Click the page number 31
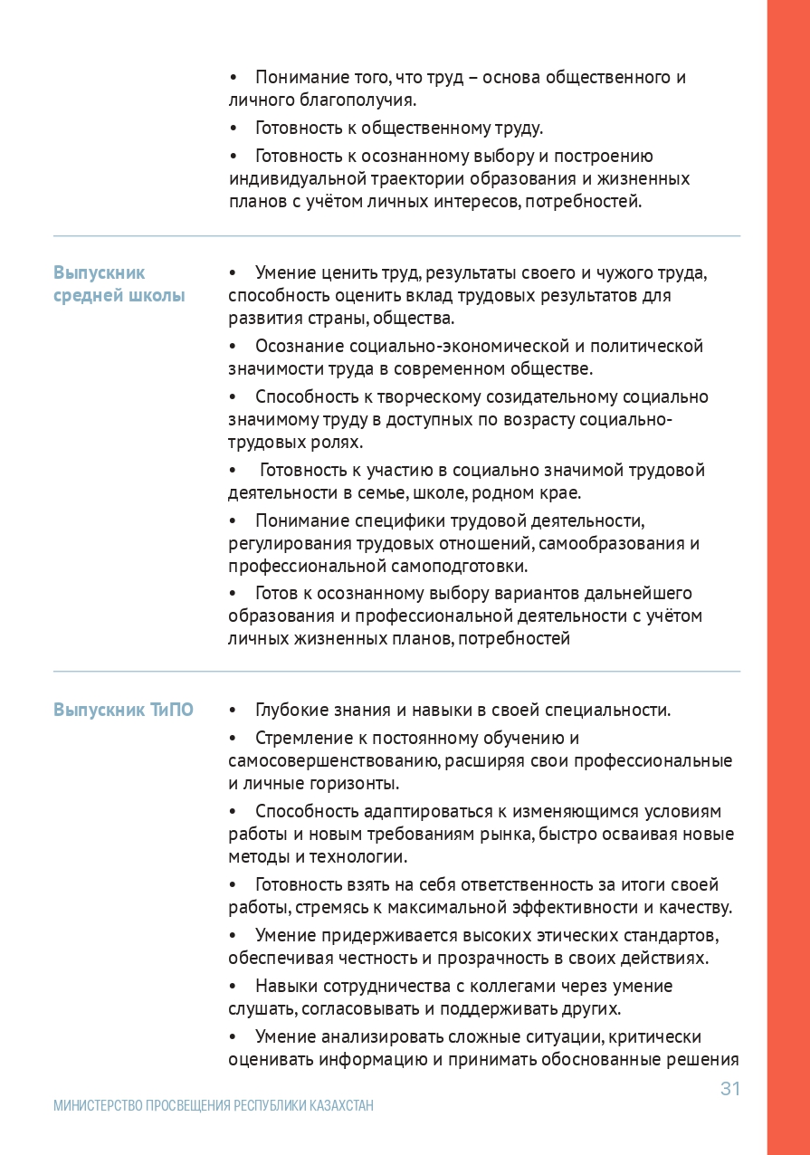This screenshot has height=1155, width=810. [x=729, y=1089]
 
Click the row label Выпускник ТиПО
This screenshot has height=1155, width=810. [x=123, y=710]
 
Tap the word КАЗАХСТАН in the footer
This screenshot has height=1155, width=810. [x=341, y=1106]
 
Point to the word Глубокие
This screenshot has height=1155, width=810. [x=288, y=710]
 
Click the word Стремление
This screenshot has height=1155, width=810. [x=300, y=738]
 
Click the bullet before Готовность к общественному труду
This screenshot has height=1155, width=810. [x=233, y=128]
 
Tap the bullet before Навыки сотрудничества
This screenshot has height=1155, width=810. [x=233, y=986]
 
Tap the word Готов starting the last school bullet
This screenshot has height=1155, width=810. [x=275, y=593]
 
